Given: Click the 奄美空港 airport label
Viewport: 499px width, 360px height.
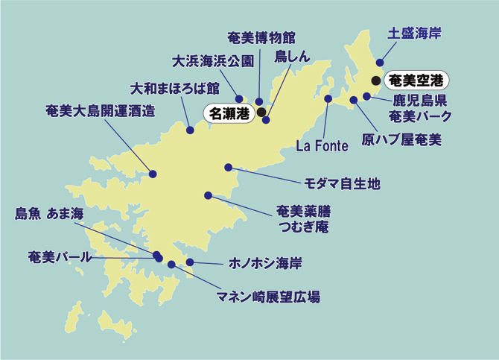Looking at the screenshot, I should point(419,78).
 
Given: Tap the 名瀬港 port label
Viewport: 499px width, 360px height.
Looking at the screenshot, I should point(229,113).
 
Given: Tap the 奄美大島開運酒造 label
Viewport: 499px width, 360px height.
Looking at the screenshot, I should point(100,111).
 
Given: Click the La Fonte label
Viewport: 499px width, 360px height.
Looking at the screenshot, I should point(322,145).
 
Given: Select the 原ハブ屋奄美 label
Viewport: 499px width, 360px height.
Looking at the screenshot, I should point(401,139).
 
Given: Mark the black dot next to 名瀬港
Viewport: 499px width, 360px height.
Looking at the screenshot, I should point(261,113).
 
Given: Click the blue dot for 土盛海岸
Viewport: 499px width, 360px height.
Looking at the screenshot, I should point(380,63).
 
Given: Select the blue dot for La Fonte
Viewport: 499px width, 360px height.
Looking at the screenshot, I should point(328,98).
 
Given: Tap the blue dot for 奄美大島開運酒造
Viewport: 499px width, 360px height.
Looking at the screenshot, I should point(153,174).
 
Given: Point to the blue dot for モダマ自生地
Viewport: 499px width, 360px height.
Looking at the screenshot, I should point(228,167).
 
